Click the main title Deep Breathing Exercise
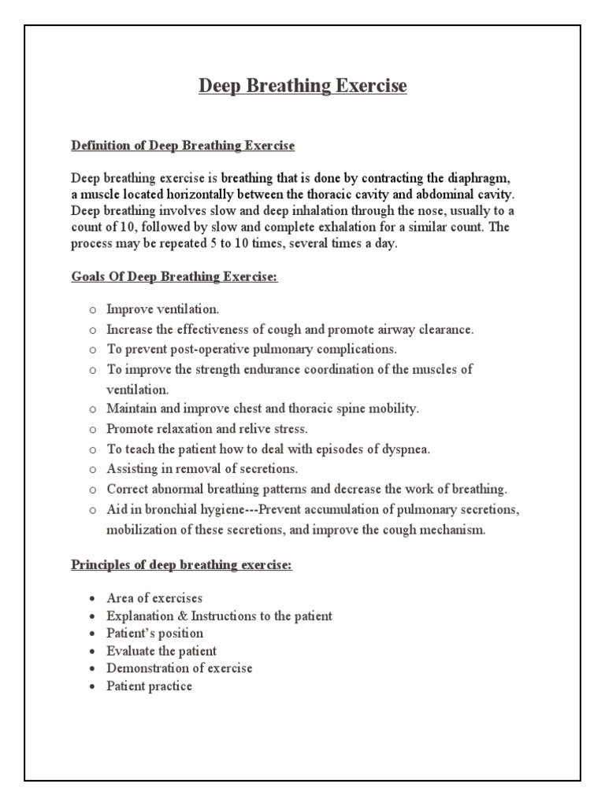(302, 86)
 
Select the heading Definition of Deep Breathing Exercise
(183, 146)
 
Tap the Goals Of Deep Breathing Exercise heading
(174, 279)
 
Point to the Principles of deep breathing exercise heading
(181, 565)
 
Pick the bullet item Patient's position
(155, 633)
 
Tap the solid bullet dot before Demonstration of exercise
(92, 669)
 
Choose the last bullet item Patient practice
(150, 686)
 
